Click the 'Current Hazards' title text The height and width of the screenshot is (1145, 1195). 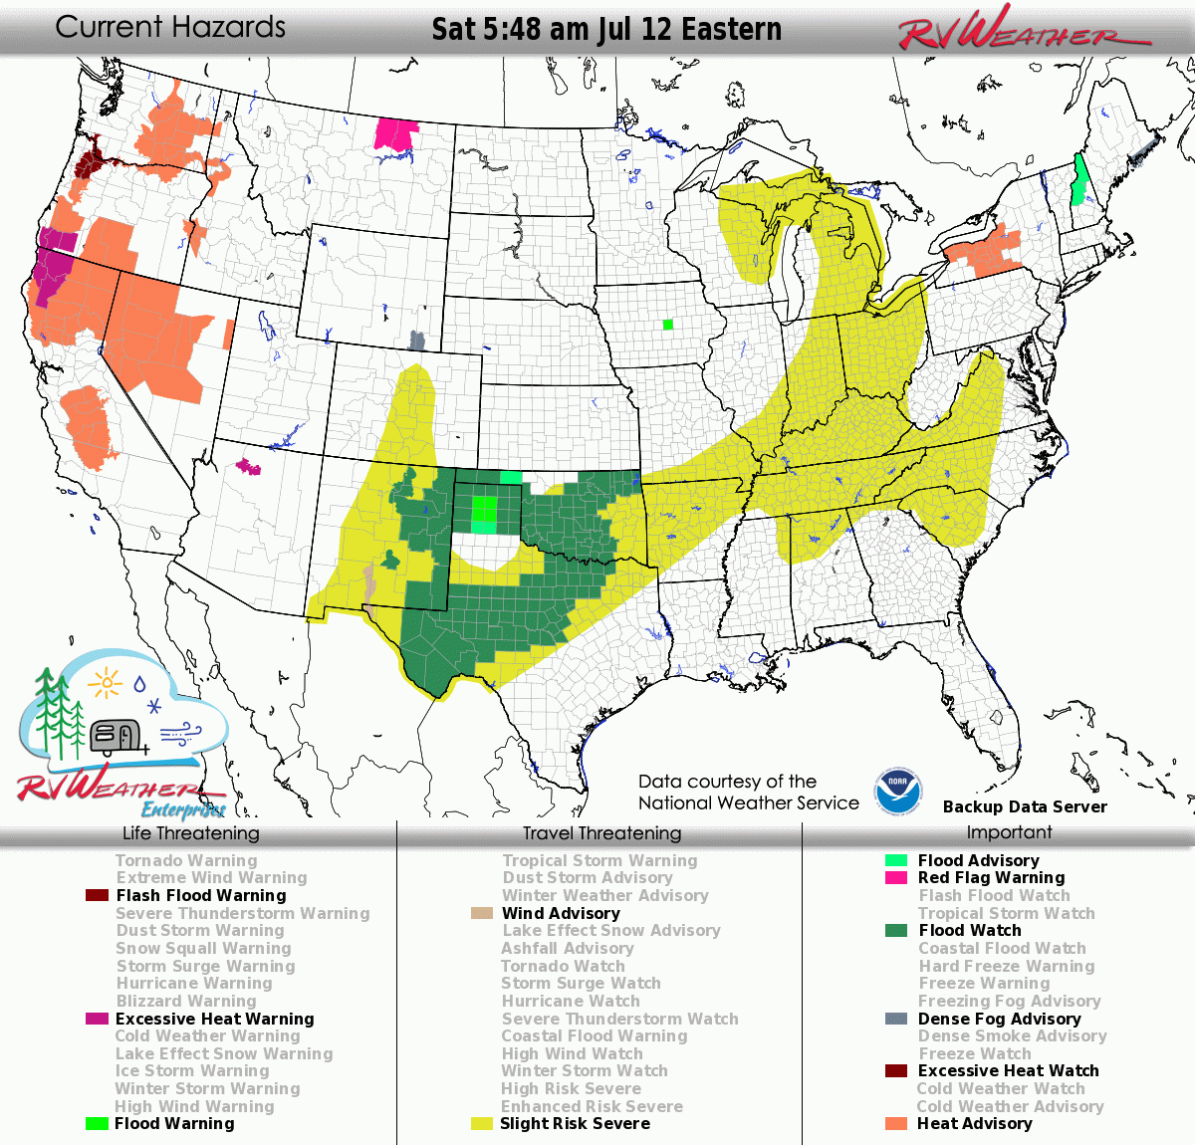(x=170, y=27)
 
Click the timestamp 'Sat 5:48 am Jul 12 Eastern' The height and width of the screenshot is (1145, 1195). (x=606, y=30)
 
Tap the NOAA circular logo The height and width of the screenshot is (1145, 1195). (x=898, y=793)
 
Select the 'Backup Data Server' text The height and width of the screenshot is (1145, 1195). (x=1025, y=806)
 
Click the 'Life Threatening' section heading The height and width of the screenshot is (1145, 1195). (x=190, y=833)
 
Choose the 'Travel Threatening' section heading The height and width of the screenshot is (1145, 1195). (x=601, y=833)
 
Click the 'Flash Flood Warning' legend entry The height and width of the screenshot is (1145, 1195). (x=200, y=895)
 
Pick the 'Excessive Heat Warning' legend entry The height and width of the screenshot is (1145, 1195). (x=214, y=1019)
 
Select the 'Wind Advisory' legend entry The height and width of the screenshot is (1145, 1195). (x=560, y=913)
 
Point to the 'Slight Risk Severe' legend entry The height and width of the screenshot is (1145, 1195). (x=575, y=1123)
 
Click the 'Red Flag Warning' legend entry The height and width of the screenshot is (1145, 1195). (x=991, y=877)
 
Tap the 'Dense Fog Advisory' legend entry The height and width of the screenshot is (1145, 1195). (x=999, y=1019)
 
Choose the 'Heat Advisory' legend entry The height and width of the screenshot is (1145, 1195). (x=974, y=1123)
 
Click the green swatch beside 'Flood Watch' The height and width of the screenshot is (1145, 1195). (x=896, y=931)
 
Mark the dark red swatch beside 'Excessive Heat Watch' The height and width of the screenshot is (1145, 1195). (x=896, y=1071)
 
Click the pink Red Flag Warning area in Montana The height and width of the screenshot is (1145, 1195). (x=395, y=134)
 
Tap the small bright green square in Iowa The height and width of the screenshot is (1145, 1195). (x=667, y=324)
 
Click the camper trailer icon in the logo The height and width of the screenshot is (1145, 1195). (x=116, y=737)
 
